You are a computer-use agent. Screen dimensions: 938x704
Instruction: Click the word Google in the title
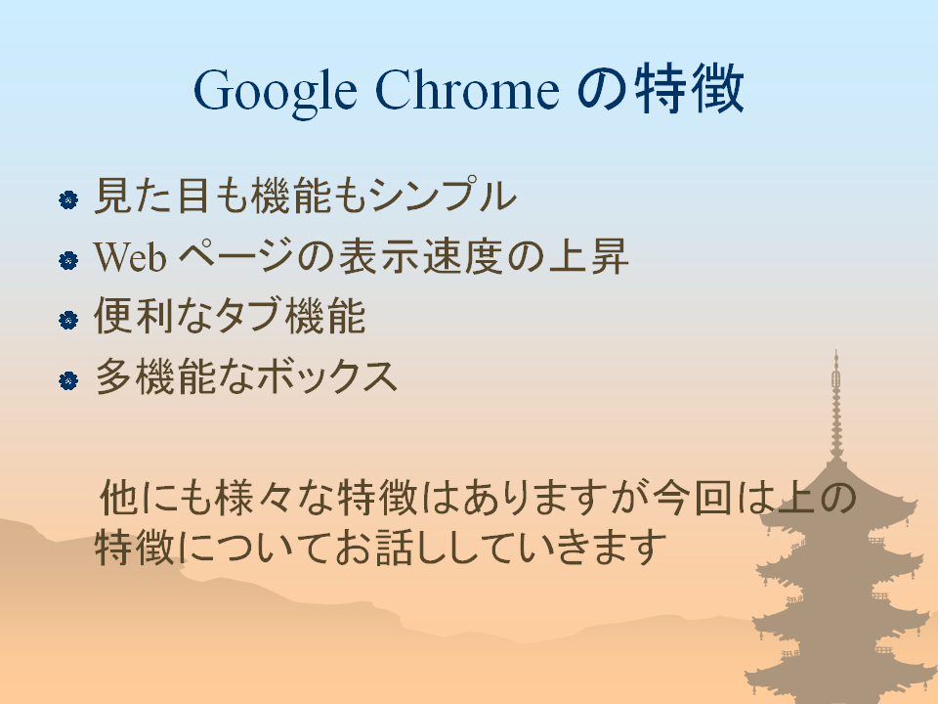coord(276,92)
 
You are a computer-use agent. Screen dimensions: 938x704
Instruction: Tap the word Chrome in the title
coord(467,89)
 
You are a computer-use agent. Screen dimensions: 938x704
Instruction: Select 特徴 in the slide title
coord(689,89)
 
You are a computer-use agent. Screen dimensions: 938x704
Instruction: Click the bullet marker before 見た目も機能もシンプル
coord(68,199)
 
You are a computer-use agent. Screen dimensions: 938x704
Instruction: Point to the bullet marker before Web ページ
coord(68,260)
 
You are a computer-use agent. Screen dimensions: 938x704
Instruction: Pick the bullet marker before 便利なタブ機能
coord(68,320)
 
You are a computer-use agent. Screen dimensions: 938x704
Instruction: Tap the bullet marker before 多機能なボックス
coord(68,380)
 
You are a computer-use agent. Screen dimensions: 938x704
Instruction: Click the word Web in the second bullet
coord(130,256)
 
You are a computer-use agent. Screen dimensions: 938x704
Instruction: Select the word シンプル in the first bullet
coord(442,195)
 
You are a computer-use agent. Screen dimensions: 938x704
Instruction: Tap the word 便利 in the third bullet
coord(134,315)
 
